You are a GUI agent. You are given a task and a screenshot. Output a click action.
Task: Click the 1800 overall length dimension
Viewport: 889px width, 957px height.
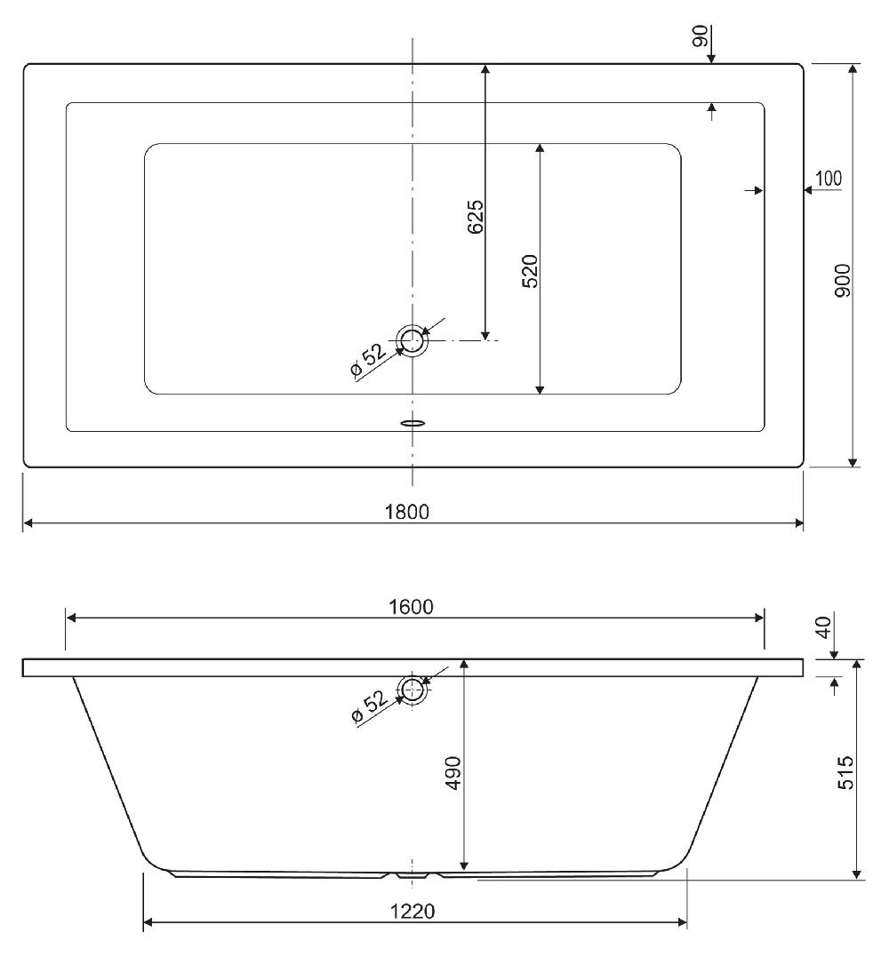pyautogui.click(x=406, y=512)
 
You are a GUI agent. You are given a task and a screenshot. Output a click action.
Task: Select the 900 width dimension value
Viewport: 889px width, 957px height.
pyautogui.click(x=843, y=281)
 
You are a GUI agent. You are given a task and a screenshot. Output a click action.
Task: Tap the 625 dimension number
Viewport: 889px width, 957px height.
pyautogui.click(x=475, y=217)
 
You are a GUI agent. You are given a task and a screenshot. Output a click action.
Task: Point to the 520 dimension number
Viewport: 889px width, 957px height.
pyautogui.click(x=530, y=271)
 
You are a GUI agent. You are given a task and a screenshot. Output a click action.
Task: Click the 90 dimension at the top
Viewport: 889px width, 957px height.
pyautogui.click(x=700, y=36)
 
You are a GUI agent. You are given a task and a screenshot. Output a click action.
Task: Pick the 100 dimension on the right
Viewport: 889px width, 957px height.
pyautogui.click(x=829, y=179)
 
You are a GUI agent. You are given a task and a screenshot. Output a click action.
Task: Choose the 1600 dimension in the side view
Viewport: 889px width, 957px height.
pyautogui.click(x=411, y=607)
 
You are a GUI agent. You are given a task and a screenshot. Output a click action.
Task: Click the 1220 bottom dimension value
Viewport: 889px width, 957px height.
pyautogui.click(x=412, y=911)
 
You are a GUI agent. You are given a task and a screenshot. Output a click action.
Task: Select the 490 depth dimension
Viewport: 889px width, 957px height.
pyautogui.click(x=453, y=773)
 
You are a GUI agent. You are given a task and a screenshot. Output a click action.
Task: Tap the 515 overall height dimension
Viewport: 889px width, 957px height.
pyautogui.click(x=845, y=773)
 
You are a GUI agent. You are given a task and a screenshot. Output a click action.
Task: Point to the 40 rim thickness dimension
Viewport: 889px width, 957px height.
pyautogui.click(x=824, y=627)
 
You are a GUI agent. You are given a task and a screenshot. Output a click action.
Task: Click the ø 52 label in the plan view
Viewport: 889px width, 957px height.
pyautogui.click(x=368, y=360)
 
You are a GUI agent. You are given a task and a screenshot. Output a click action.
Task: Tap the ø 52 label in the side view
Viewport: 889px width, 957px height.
pyautogui.click(x=370, y=706)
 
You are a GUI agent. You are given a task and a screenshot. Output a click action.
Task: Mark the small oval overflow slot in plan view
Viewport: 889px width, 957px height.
pyautogui.click(x=412, y=422)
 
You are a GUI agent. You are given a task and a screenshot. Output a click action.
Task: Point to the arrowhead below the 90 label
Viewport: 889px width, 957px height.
pyautogui.click(x=711, y=58)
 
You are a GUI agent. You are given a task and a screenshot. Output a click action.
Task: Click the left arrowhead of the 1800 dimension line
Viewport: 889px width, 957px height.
pyautogui.click(x=28, y=523)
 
